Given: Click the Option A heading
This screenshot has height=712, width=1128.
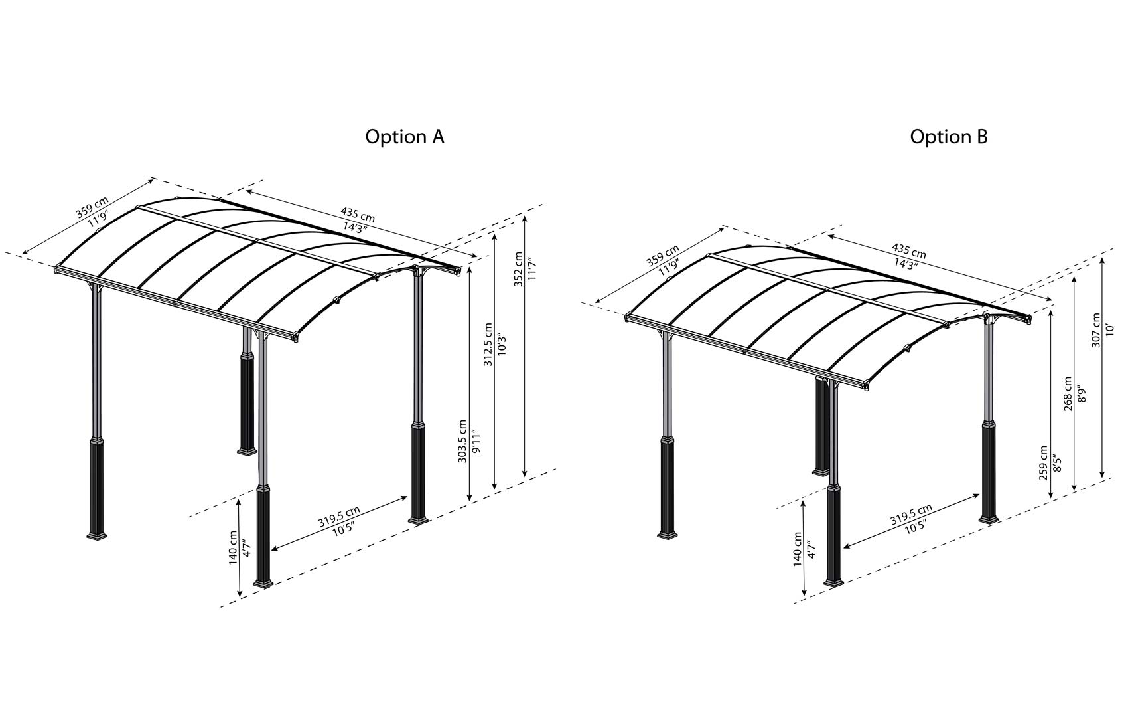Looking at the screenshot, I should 404,137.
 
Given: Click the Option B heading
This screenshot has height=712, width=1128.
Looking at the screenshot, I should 948,137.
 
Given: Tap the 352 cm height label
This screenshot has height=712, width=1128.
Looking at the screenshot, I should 518,269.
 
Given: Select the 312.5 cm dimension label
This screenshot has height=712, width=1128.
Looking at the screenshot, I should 488,345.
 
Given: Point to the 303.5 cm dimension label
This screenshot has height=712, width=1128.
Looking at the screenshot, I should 462,442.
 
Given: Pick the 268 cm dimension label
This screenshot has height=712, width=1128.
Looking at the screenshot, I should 1068,394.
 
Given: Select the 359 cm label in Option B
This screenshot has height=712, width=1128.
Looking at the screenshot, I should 662,256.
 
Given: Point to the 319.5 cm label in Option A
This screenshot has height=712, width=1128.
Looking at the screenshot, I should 338,516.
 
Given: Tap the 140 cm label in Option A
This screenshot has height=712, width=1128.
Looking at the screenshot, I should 233,547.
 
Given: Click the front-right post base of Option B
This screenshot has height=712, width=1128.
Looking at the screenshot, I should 833,582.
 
